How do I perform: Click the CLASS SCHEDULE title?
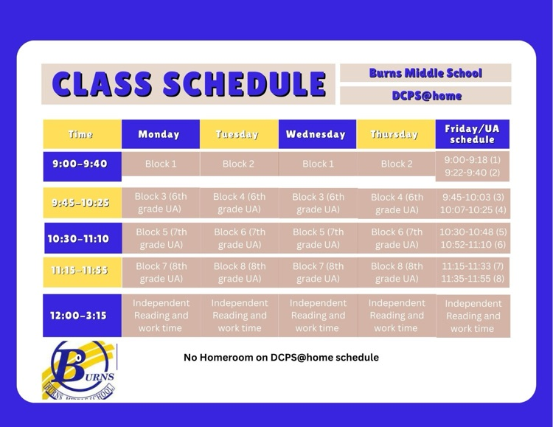click(189, 84)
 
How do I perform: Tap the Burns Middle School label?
click(425, 73)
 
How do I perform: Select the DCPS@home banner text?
click(425, 96)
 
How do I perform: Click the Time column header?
click(81, 134)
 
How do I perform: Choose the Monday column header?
click(159, 134)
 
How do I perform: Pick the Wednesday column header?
click(316, 134)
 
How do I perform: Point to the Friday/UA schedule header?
click(473, 134)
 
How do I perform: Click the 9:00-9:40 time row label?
click(81, 164)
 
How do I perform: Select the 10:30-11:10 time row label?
click(81, 238)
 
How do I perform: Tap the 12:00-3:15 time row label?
click(81, 315)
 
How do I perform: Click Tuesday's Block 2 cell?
click(238, 164)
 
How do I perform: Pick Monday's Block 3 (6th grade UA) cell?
click(160, 203)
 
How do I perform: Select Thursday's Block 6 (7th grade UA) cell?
click(397, 238)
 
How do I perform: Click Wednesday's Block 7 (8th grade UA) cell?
click(318, 272)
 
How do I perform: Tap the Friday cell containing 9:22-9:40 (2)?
click(473, 173)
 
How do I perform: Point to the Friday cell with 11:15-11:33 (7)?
click(473, 265)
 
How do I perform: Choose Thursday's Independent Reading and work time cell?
click(396, 315)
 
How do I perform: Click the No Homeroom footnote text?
click(281, 357)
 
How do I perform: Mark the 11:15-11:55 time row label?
click(81, 271)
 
